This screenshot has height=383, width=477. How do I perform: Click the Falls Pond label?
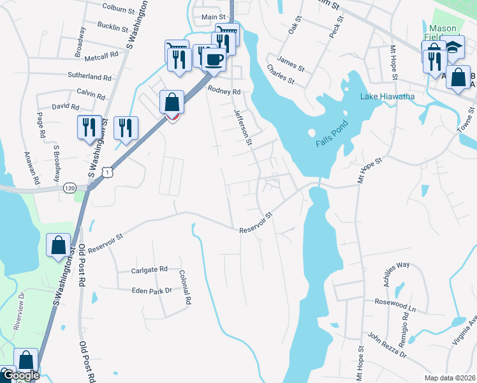click(332, 135)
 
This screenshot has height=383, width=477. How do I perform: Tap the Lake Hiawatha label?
click(388, 96)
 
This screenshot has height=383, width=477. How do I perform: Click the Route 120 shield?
click(70, 188)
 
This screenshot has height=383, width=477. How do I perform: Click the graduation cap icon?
click(453, 48)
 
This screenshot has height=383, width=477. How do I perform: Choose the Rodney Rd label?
click(223, 91)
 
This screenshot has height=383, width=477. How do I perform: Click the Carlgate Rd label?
click(149, 269)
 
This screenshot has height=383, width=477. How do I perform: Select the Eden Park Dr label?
click(151, 290)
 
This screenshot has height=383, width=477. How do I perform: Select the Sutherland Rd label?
click(89, 77)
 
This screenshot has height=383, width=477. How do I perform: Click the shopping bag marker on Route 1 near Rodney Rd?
click(172, 102)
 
